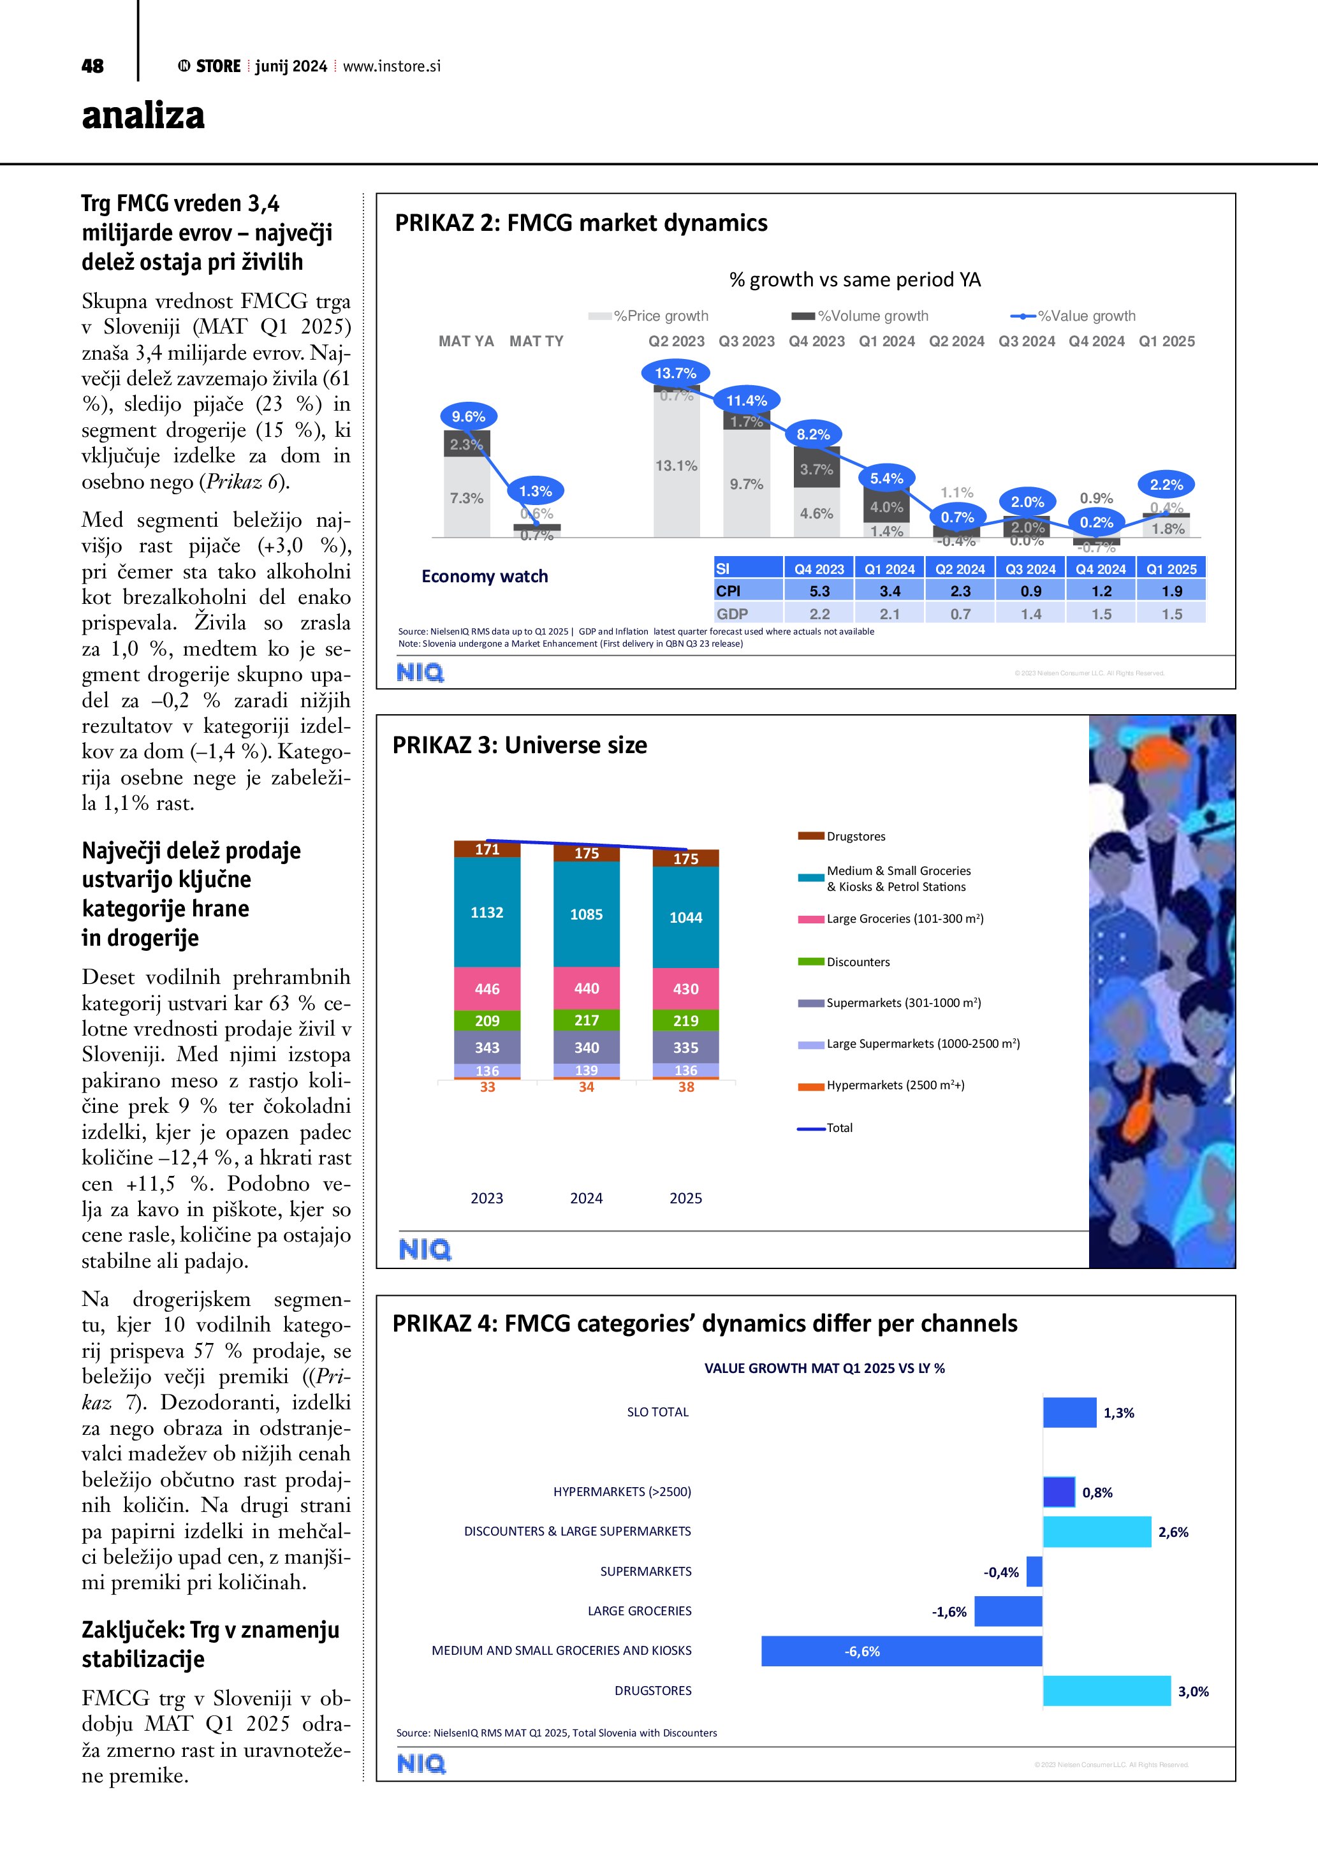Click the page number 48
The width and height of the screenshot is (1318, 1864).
(92, 66)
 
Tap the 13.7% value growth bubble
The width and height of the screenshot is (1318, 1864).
(675, 372)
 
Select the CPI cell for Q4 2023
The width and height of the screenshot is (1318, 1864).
(819, 591)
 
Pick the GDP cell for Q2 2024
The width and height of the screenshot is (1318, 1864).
(960, 613)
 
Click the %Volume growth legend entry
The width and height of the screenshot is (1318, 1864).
(860, 316)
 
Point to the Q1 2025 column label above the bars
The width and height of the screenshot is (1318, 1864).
(1166, 341)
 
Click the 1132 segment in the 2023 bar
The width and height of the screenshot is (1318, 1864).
(487, 912)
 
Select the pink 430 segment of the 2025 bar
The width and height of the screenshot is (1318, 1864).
(686, 989)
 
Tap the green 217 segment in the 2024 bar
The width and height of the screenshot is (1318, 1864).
(587, 1020)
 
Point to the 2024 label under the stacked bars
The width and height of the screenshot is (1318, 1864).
(586, 1198)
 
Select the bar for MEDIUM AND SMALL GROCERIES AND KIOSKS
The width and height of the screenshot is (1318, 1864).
(902, 1651)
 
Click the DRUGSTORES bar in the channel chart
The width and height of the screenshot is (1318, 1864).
(1106, 1691)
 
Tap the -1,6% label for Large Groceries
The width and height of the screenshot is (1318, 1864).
(949, 1611)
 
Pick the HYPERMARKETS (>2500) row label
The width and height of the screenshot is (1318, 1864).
(622, 1492)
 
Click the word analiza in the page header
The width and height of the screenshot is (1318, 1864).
(143, 116)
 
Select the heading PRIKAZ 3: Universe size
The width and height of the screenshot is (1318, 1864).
(520, 745)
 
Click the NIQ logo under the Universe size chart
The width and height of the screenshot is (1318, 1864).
(425, 1249)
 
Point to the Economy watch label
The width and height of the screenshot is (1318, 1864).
(485, 576)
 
